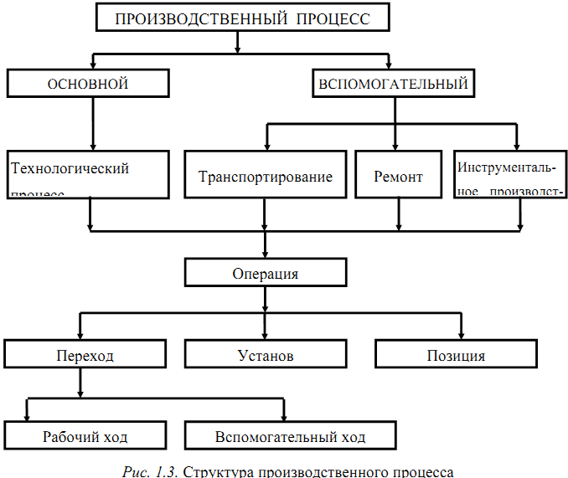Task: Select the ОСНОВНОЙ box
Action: (89, 84)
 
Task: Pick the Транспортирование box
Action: (266, 176)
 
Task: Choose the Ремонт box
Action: (398, 176)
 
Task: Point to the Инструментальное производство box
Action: (511, 176)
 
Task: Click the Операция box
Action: (265, 273)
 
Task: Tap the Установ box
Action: (266, 354)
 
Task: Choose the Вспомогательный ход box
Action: (290, 436)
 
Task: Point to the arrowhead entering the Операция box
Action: (265, 252)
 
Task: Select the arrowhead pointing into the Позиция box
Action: (460, 334)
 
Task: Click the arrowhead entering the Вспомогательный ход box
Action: (285, 416)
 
